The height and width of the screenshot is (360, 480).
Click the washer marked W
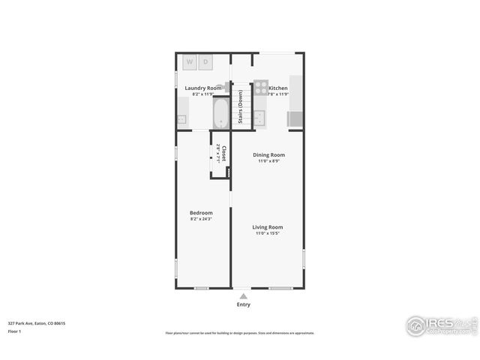click(x=189, y=61)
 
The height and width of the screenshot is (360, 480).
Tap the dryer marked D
click(x=204, y=61)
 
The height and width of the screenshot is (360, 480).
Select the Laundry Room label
click(x=203, y=88)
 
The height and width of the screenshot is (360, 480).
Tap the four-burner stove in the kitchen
click(x=260, y=86)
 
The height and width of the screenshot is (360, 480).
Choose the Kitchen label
click(x=278, y=88)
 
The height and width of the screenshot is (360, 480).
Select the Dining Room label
click(x=268, y=154)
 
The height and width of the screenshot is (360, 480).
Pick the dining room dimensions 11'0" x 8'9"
click(x=268, y=160)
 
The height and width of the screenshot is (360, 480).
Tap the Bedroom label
click(x=201, y=212)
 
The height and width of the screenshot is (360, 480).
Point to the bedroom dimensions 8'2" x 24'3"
click(x=201, y=218)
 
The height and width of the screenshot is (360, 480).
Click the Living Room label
click(x=268, y=226)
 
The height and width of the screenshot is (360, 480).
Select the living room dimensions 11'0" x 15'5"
click(x=268, y=232)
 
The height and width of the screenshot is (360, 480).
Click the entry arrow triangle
click(x=243, y=295)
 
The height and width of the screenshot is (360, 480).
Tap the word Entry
click(x=244, y=304)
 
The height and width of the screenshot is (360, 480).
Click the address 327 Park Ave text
click(x=37, y=323)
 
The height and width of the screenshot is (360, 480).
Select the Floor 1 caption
click(x=15, y=331)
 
